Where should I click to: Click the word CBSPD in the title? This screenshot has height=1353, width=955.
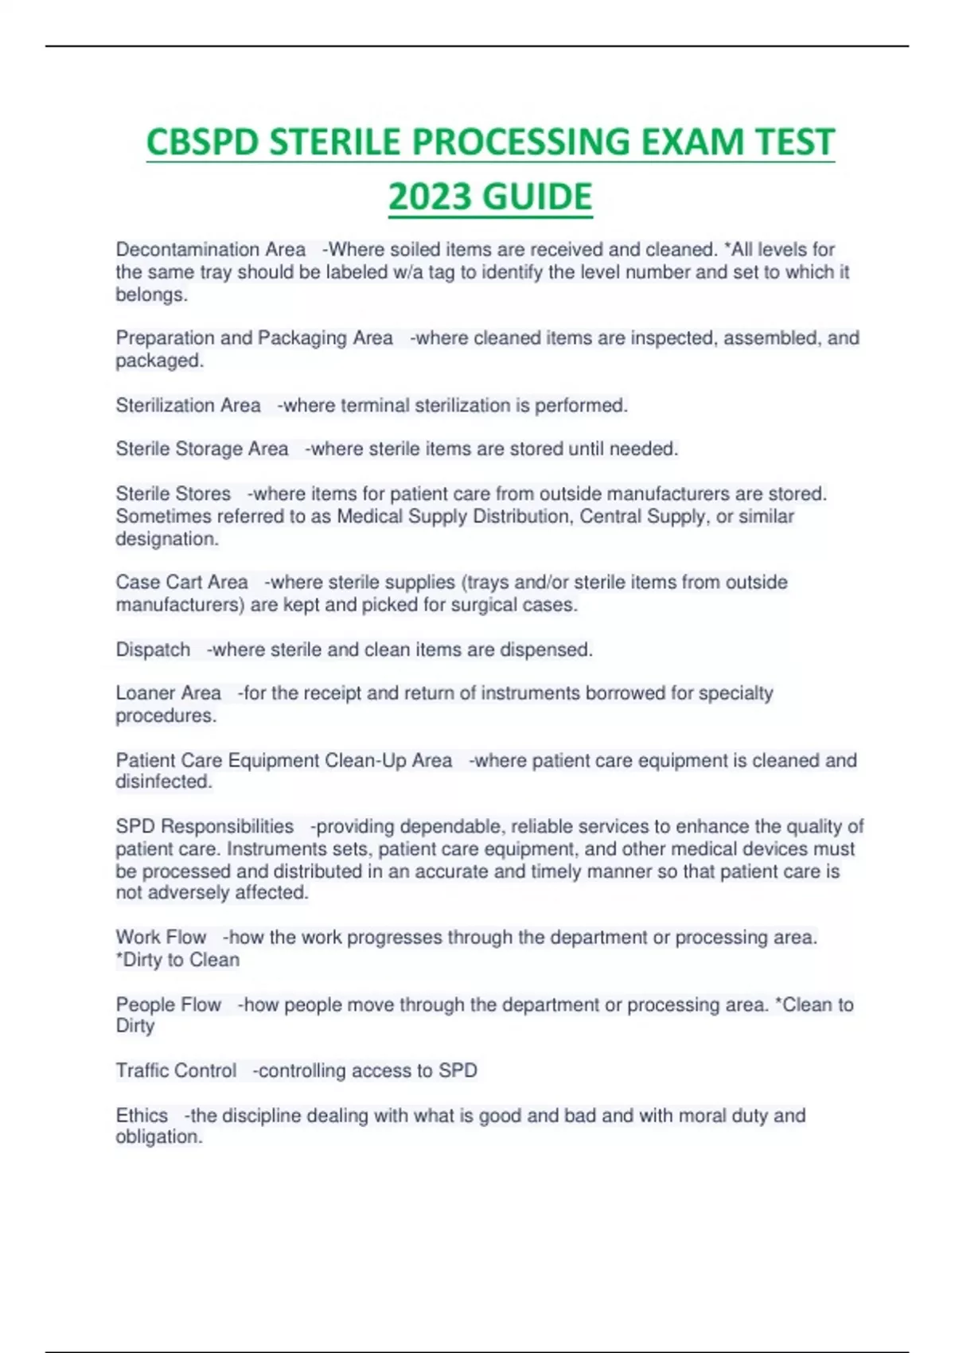coord(203,142)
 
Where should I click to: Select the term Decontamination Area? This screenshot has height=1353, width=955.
coord(210,250)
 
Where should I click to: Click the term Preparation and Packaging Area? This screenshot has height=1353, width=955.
coord(254,338)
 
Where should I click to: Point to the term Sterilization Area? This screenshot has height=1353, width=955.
coord(188,406)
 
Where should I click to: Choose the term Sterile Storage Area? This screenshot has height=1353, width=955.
coord(201,450)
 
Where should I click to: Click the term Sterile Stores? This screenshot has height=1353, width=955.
coord(173,494)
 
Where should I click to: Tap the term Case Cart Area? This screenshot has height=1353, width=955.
coord(181,583)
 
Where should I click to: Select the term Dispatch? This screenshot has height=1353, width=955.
coord(153,650)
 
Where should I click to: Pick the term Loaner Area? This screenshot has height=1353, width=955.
coord(168,693)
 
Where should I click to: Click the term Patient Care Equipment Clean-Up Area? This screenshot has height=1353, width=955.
coord(283,761)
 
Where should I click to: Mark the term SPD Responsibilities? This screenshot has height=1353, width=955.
coord(205,827)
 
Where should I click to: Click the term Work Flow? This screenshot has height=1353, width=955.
coord(161,938)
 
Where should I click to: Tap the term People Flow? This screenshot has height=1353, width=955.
coord(168,1005)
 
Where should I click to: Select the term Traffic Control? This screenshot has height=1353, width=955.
coord(176,1071)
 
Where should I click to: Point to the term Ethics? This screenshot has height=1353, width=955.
coord(142,1116)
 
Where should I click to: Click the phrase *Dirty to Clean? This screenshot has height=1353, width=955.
coord(177,961)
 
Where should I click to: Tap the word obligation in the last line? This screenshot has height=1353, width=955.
coord(158,1137)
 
